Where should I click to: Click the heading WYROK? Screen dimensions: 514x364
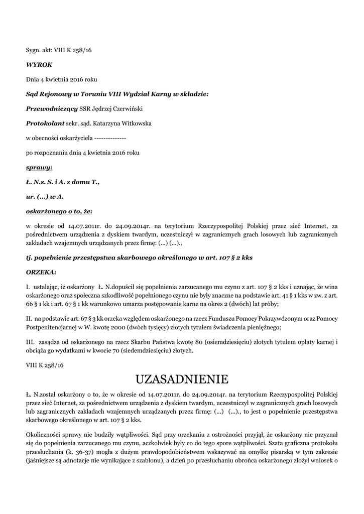tap(39, 65)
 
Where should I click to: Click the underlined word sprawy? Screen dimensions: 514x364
tap(39, 167)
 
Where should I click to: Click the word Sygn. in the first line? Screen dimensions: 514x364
tap(34, 50)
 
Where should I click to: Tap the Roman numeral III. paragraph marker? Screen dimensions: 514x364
tap(30, 342)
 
